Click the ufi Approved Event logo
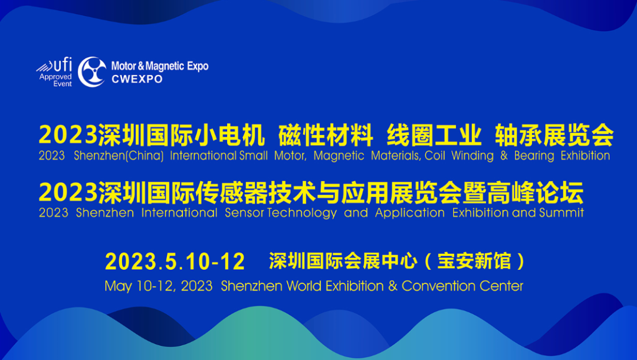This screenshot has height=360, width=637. [54, 73]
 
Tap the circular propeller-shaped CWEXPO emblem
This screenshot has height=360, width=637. [92, 72]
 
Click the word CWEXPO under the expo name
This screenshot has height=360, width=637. [137, 79]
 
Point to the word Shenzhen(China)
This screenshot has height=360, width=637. [119, 156]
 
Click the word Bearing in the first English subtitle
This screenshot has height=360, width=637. [534, 156]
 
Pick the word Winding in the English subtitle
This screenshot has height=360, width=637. [472, 156]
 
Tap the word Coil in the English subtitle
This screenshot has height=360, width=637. [435, 156]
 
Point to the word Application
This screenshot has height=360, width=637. [410, 213]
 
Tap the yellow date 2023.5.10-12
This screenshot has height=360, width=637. [175, 261]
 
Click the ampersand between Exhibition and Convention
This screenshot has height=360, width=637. [392, 286]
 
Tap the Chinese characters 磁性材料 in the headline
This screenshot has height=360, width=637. [326, 135]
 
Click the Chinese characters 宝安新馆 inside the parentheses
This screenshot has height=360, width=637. [474, 261]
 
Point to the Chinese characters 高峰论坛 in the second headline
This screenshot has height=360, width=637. [535, 192]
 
